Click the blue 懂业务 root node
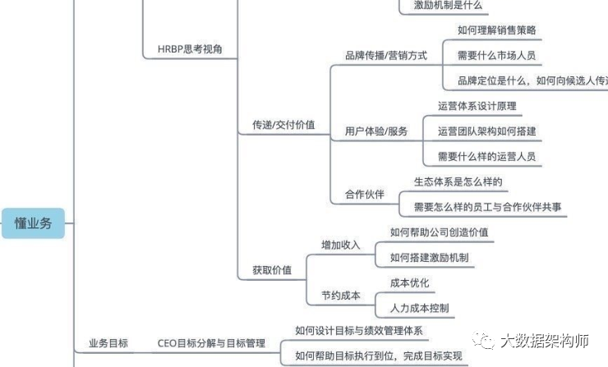point(33,222)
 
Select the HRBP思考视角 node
point(190,50)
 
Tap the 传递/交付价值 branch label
point(283,126)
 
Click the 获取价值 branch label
point(271,269)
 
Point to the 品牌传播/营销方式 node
point(385,55)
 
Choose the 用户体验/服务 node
point(375,131)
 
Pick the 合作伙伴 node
point(364,195)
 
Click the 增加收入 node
point(340,245)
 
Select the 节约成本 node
point(340,295)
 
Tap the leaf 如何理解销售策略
point(496,30)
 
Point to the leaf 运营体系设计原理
point(477,106)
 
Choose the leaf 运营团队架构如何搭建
point(486,131)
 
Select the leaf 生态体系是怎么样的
point(458,181)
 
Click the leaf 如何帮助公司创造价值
point(439,232)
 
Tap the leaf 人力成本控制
point(419,308)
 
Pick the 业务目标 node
point(108,343)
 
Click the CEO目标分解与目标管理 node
point(211,343)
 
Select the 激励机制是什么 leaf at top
point(441,6)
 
